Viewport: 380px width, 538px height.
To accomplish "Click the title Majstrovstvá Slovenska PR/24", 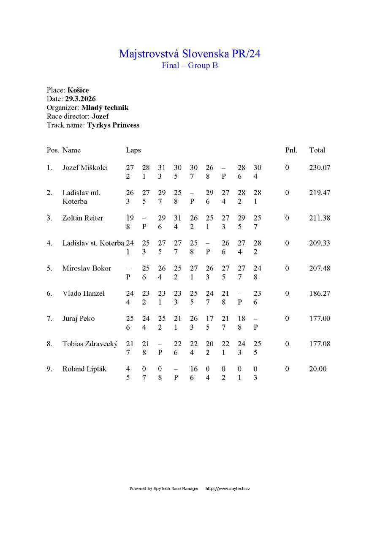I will (190, 54).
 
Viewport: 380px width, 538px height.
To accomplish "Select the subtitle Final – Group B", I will (190, 66).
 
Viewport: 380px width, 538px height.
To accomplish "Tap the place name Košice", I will (78, 90).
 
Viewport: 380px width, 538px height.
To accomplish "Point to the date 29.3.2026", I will (80, 99).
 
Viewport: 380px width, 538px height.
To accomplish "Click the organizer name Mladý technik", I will (105, 107).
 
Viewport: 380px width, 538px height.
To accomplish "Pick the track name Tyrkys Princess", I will (113, 125).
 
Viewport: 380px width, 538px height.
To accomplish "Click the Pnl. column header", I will (291, 150).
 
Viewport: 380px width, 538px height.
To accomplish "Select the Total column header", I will (317, 150).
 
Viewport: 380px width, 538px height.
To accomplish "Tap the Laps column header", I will (133, 150).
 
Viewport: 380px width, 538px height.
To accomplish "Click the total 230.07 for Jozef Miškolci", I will (320, 168).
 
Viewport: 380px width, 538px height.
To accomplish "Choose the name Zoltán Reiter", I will (83, 218).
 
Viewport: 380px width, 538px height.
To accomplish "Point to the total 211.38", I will (320, 218).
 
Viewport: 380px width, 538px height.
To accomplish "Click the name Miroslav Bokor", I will (87, 268).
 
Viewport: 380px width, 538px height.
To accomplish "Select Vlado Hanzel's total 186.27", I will (320, 293).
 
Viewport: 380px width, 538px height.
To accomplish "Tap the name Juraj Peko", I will (79, 319).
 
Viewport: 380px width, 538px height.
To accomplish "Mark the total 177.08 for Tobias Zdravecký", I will (320, 344).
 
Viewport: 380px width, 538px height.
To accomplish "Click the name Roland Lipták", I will (84, 369).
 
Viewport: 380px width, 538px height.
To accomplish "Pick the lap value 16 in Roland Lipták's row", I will (194, 369).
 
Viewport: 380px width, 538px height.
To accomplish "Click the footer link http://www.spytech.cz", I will (228, 489).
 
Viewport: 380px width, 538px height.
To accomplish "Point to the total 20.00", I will (318, 369).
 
